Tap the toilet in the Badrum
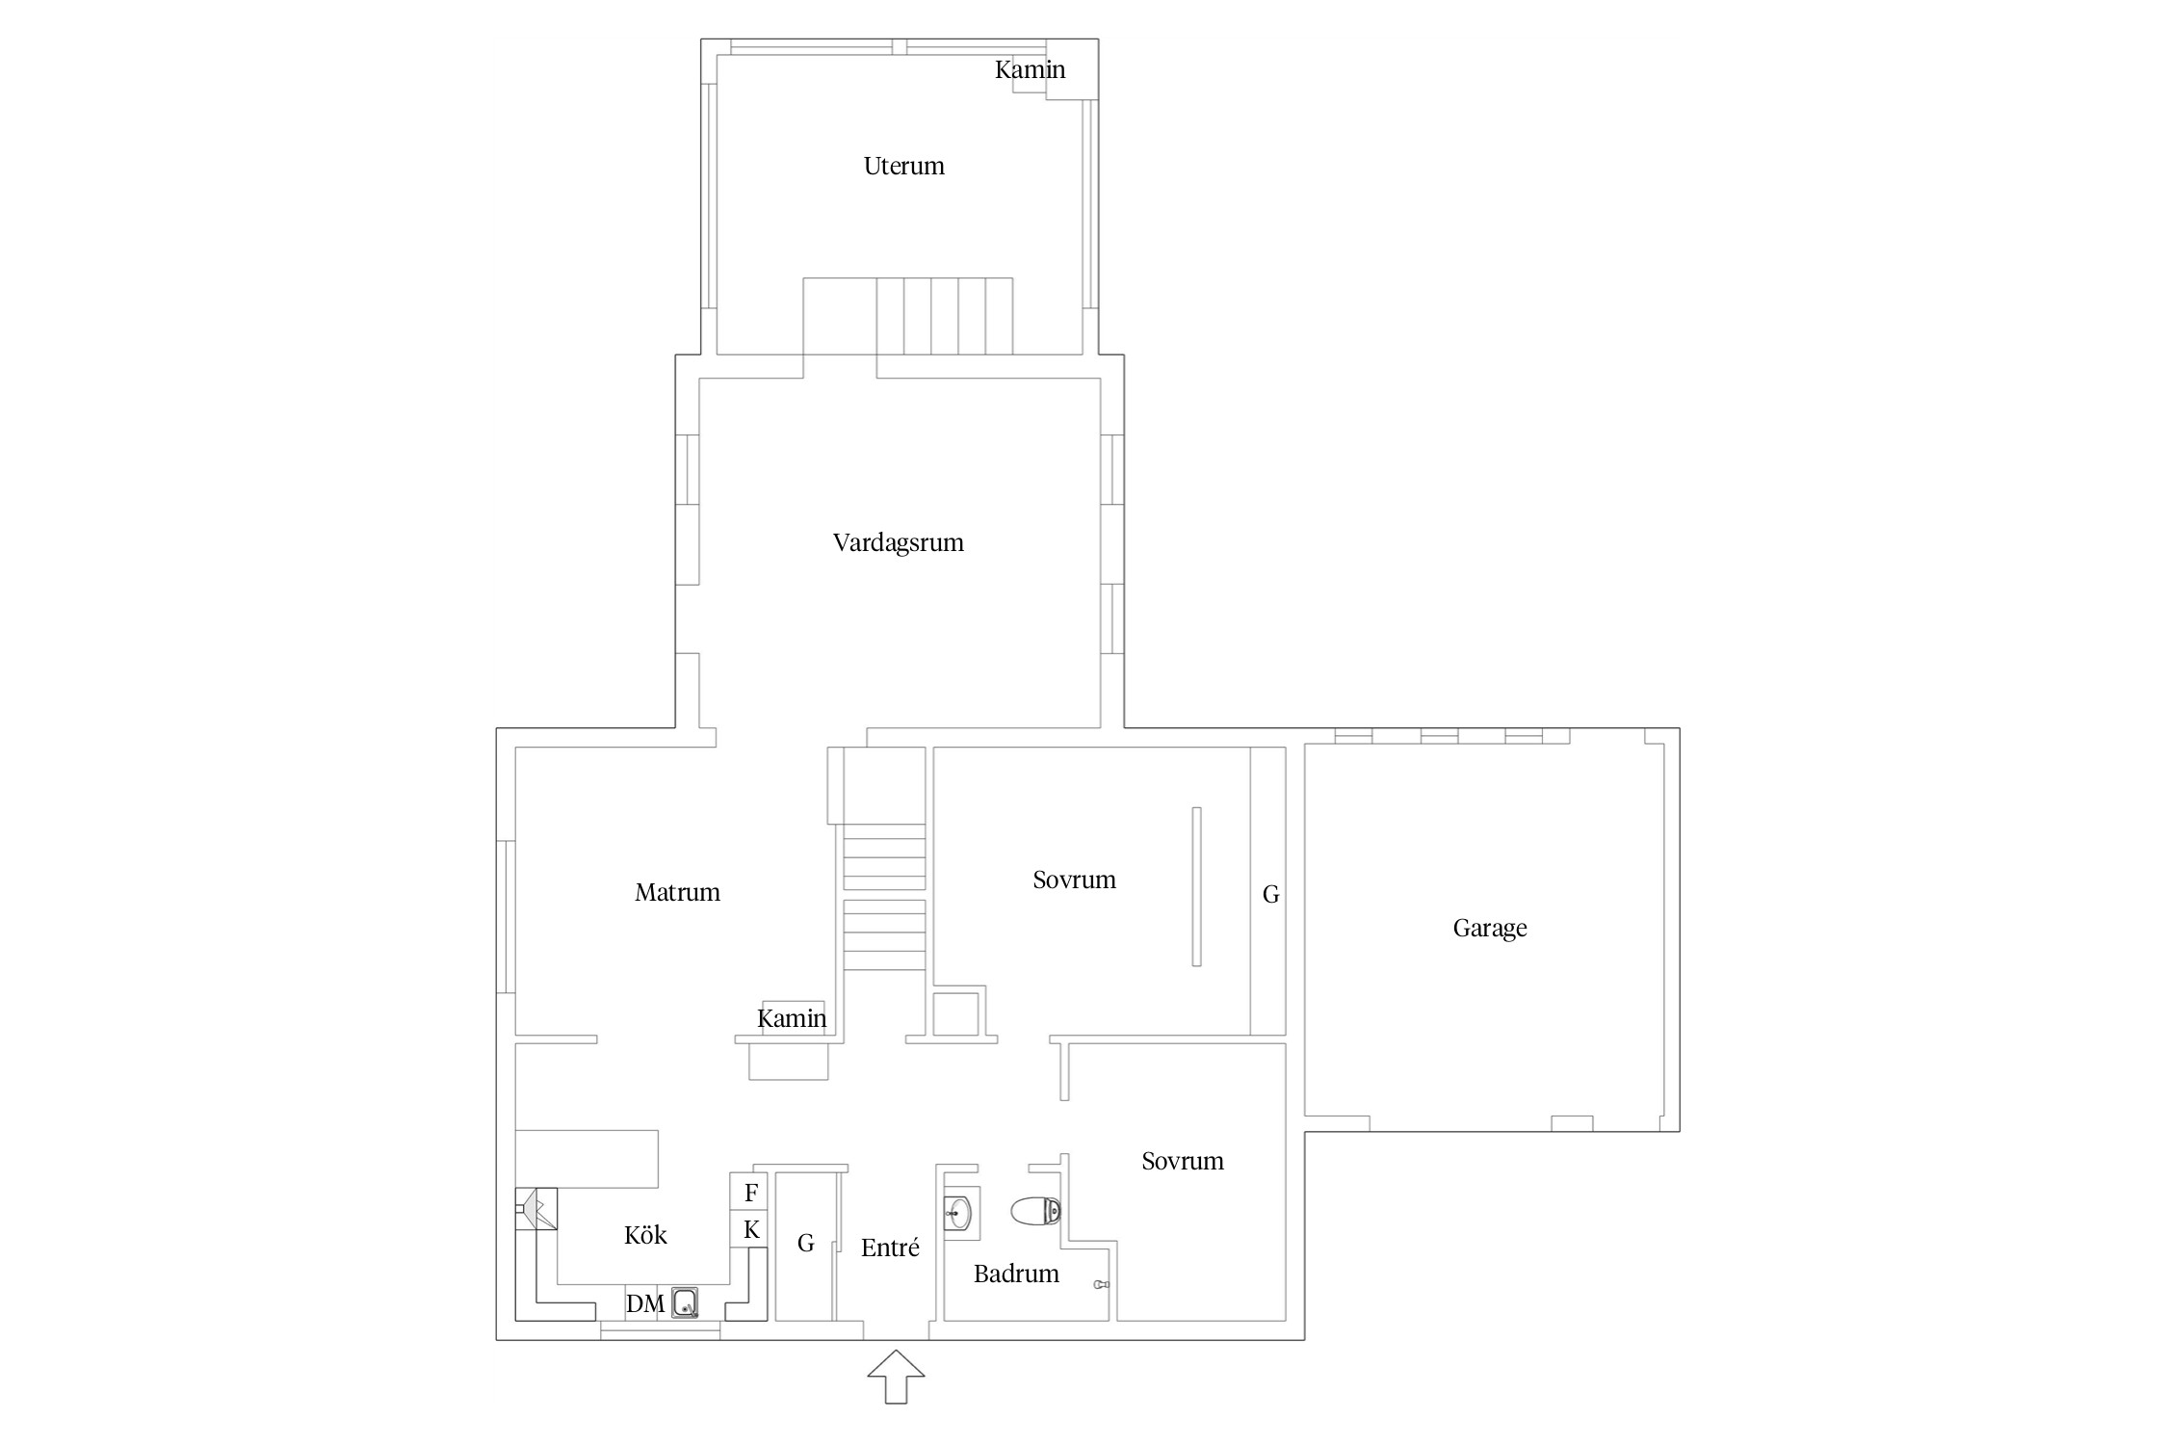pyautogui.click(x=1036, y=1211)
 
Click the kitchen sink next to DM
pyautogui.click(x=685, y=1303)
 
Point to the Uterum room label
pyautogui.click(x=903, y=166)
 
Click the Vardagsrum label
pyautogui.click(x=898, y=542)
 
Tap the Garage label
pyautogui.click(x=1489, y=928)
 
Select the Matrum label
pyautogui.click(x=677, y=892)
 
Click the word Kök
pyautogui.click(x=645, y=1235)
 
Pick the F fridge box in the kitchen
pyautogui.click(x=749, y=1192)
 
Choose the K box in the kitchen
pyautogui.click(x=749, y=1229)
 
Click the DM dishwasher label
pyautogui.click(x=645, y=1303)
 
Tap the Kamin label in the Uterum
pyautogui.click(x=1030, y=69)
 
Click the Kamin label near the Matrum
pyautogui.click(x=792, y=1018)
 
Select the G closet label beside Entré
pyautogui.click(x=806, y=1244)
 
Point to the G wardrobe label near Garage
pyautogui.click(x=1271, y=895)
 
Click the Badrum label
pyautogui.click(x=1016, y=1274)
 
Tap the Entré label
pyautogui.click(x=890, y=1248)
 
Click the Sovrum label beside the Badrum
pyautogui.click(x=1183, y=1161)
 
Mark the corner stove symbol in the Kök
pyautogui.click(x=536, y=1209)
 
